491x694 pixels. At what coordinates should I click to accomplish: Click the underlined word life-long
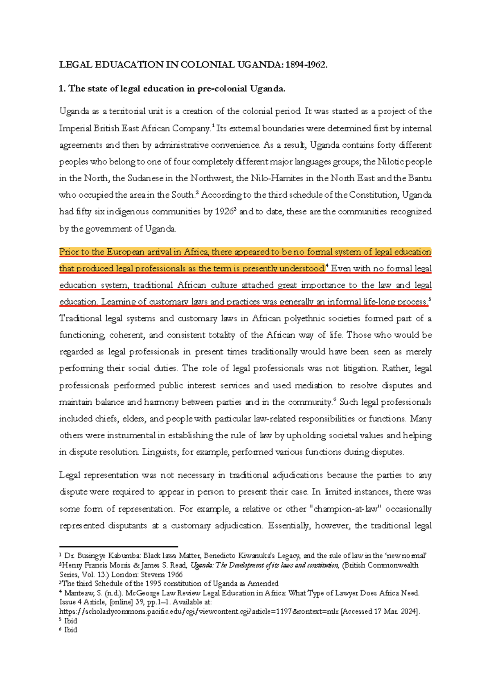pyautogui.click(x=379, y=302)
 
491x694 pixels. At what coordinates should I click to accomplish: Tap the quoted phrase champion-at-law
pyautogui.click(x=346, y=509)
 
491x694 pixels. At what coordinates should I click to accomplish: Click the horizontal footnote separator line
pyautogui.click(x=118, y=546)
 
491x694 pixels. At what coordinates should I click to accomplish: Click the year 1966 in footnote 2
pyautogui.click(x=174, y=575)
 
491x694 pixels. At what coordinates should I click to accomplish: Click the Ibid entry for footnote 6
pyautogui.click(x=70, y=630)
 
